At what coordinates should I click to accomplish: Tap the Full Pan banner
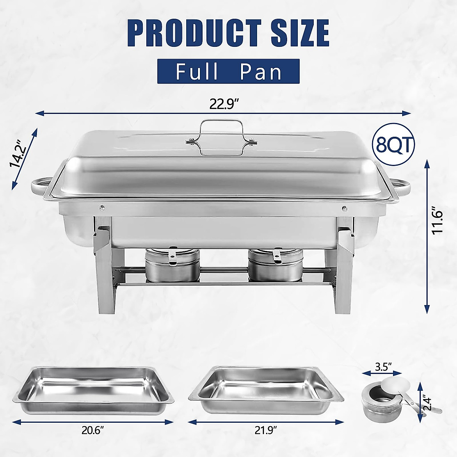tap(228, 71)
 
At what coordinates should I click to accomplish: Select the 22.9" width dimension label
tap(224, 104)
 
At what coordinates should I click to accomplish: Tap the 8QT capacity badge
tap(394, 144)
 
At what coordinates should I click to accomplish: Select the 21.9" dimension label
tap(265, 420)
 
